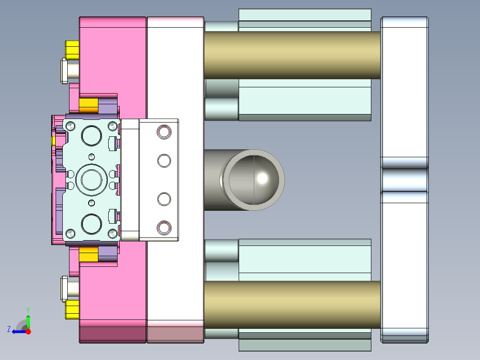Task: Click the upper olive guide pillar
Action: (292, 55)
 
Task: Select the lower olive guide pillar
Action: (292, 305)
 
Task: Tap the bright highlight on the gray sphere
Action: (263, 178)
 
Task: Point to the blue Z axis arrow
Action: (17, 331)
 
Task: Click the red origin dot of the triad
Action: (28, 331)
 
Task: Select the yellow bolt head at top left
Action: (72, 49)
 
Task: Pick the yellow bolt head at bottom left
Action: (72, 310)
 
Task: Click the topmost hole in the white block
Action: (164, 132)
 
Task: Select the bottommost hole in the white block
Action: (164, 228)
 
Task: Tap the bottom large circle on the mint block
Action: (92, 224)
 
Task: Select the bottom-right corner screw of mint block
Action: (113, 233)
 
